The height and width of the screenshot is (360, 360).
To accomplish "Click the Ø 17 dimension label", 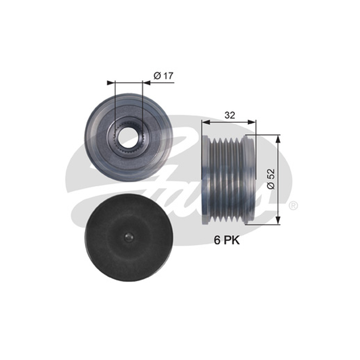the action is (163, 76).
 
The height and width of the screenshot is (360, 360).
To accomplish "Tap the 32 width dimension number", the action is (230, 115).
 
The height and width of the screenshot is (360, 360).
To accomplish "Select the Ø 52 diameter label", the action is (271, 179).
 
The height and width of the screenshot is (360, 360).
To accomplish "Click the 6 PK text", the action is (227, 240).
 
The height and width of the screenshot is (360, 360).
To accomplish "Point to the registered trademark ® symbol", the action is (293, 206).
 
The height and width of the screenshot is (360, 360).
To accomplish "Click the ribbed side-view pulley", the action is (229, 180).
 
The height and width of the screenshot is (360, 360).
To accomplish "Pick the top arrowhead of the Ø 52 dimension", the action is (278, 139).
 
